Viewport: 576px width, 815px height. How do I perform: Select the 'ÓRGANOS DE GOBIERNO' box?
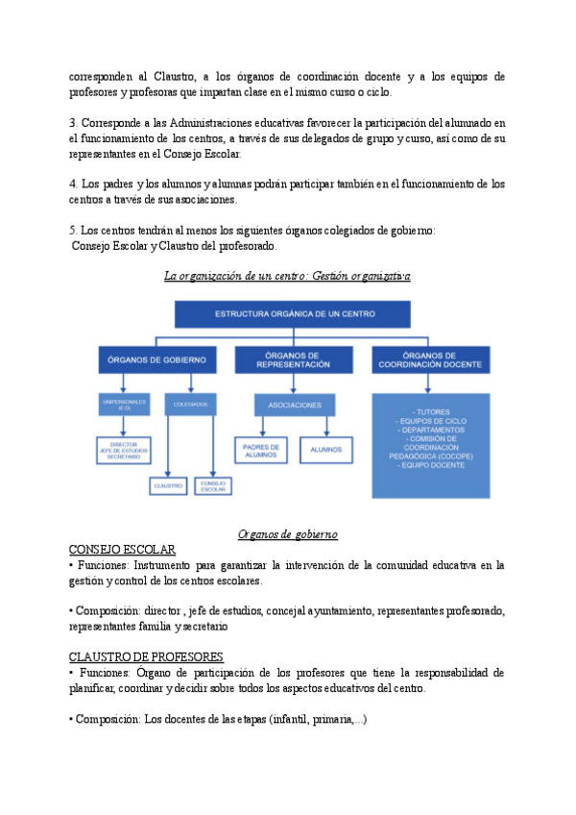coord(151,360)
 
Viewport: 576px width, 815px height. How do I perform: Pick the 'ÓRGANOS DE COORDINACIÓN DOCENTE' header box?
coord(430,360)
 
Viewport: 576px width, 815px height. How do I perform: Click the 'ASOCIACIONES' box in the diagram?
coord(295,406)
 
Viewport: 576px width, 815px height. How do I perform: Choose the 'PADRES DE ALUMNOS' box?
coord(261,449)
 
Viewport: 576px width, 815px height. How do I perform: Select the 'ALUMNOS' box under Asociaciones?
coord(328,449)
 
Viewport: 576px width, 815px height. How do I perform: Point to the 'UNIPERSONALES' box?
coord(125,406)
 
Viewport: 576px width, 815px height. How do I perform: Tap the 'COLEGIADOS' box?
coord(191,406)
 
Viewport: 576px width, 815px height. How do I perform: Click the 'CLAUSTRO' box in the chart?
coord(168,486)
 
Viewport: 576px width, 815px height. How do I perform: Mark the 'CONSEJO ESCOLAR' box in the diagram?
coord(212,486)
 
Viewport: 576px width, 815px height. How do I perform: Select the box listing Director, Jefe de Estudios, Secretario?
coord(125,449)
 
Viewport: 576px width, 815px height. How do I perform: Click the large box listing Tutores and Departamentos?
coord(430,452)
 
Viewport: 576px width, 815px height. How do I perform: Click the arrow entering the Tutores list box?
coord(430,386)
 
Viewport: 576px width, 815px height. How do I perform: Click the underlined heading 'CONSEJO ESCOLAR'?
coord(122,549)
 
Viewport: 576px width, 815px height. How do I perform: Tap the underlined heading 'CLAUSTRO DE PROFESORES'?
coord(146,657)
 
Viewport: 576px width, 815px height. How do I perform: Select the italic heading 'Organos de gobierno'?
coord(287,534)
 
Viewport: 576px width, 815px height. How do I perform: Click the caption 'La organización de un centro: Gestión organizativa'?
coord(287,277)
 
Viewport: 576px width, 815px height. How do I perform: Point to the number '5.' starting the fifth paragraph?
coord(74,231)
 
